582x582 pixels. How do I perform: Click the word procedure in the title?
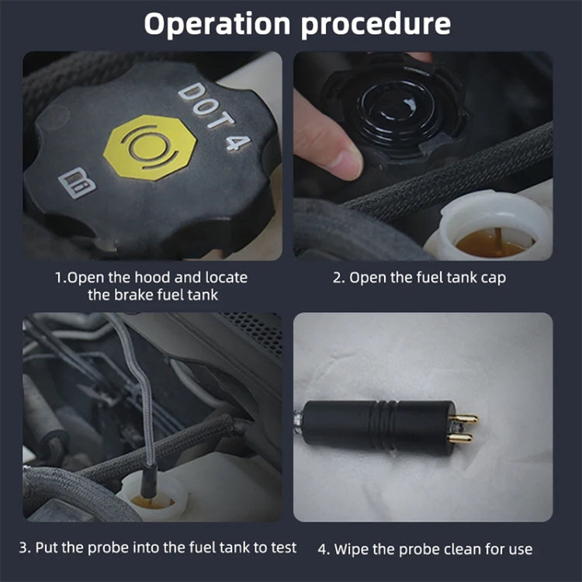pyautogui.click(x=376, y=24)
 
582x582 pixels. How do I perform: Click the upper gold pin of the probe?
pyautogui.click(x=466, y=419)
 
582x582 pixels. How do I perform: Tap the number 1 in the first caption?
pyautogui.click(x=57, y=277)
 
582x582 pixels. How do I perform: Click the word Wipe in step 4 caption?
pyautogui.click(x=353, y=549)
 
